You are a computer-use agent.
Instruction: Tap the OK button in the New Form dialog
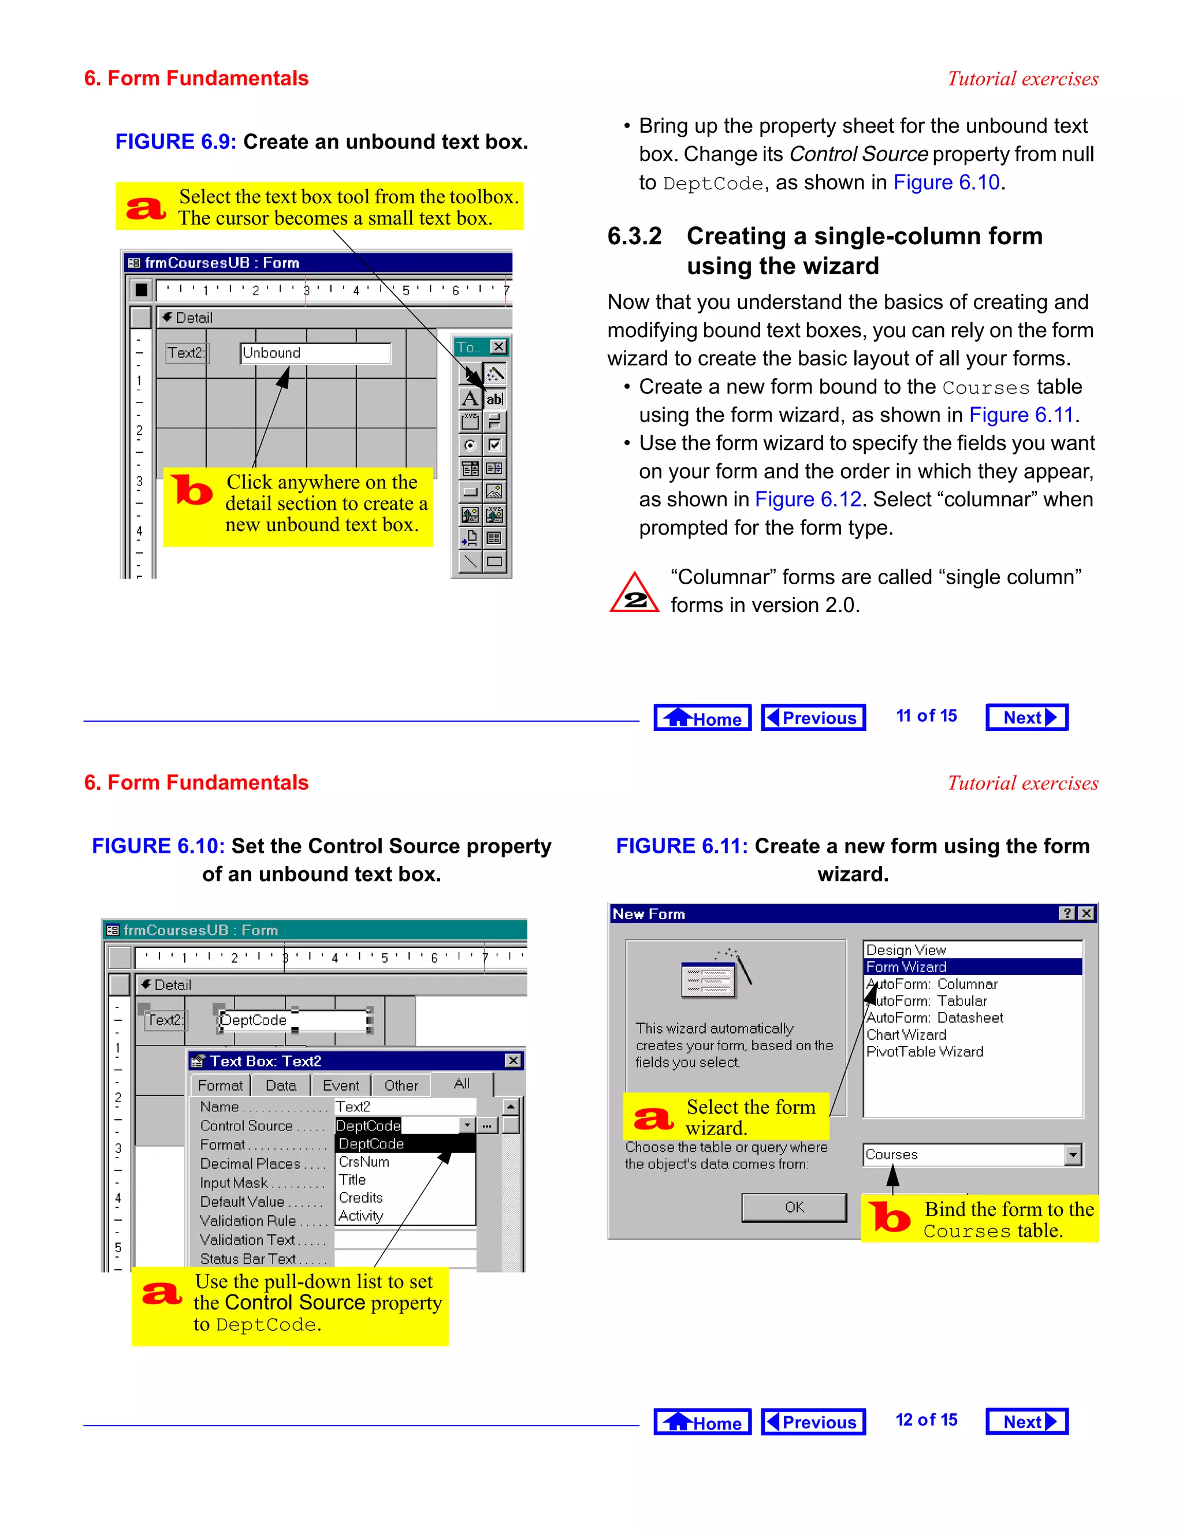(794, 1207)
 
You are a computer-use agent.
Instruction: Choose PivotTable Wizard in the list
(925, 1051)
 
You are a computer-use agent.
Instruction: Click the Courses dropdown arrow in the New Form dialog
(1072, 1155)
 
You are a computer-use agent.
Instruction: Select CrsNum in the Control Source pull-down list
(364, 1162)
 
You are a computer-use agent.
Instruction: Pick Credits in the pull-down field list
(361, 1198)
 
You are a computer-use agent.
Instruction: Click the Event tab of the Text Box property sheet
(341, 1085)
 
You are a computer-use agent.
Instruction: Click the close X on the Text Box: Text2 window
(513, 1061)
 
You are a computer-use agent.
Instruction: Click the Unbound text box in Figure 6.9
(315, 353)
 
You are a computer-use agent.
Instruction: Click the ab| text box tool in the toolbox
(495, 400)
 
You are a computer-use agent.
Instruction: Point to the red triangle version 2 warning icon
(634, 594)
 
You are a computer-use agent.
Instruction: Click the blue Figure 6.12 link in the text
(808, 499)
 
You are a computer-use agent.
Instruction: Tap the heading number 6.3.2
(634, 236)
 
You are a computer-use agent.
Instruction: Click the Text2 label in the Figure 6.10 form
(165, 1020)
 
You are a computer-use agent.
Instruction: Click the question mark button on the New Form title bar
(1067, 913)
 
